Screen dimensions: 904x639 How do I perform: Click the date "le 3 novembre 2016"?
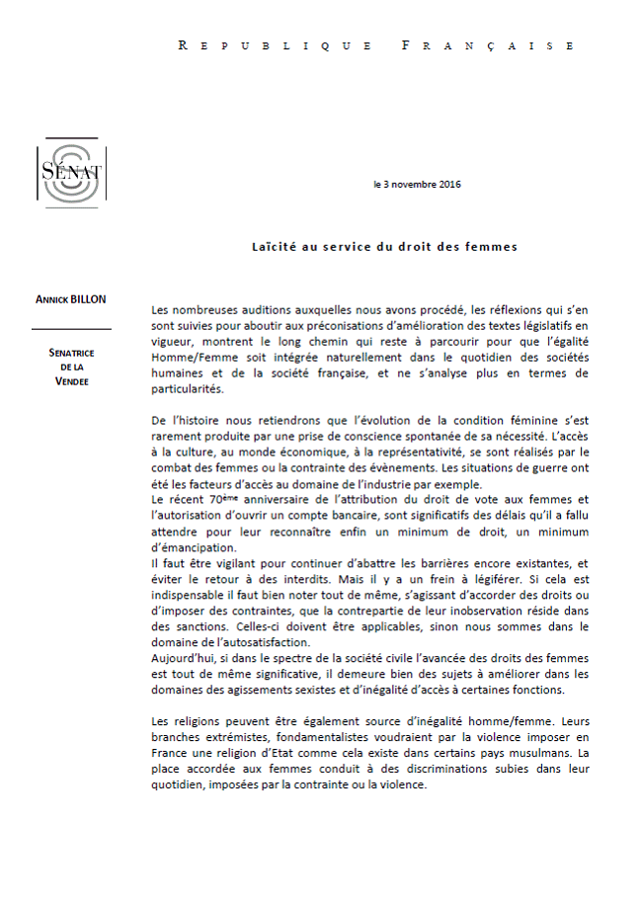pos(417,185)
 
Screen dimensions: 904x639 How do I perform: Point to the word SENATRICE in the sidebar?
pos(71,353)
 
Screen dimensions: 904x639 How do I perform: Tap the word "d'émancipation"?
pos(196,547)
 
